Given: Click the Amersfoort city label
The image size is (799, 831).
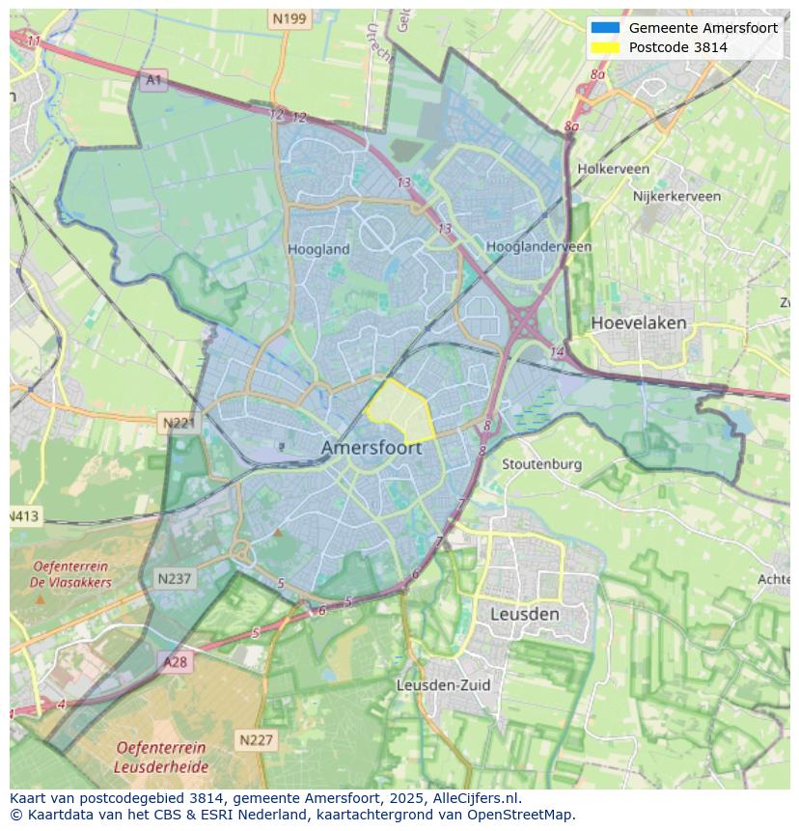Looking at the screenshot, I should click(371, 449).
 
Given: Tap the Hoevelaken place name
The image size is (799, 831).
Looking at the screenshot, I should click(638, 322).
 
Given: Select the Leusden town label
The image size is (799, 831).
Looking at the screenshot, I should click(524, 614).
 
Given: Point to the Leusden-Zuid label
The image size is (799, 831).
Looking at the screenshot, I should click(443, 685).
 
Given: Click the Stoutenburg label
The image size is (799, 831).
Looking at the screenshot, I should click(541, 464).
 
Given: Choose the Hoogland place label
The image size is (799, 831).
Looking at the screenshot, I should click(318, 249).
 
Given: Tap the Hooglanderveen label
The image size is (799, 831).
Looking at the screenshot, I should click(538, 247).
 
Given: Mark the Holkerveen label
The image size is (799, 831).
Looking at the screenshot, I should click(613, 169).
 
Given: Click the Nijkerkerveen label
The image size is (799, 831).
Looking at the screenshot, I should click(676, 196).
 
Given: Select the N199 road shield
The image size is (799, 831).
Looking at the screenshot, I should click(289, 18).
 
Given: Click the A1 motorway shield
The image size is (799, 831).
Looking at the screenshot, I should click(153, 80).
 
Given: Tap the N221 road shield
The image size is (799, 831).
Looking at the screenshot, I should click(179, 423).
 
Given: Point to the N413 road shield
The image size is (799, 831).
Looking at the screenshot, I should click(24, 516).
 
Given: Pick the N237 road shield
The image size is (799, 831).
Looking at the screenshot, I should click(175, 579).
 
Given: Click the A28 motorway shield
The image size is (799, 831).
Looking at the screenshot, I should click(175, 662).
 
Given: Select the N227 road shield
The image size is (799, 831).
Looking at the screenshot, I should click(256, 740).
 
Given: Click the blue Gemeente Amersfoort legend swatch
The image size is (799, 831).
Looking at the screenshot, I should click(605, 28).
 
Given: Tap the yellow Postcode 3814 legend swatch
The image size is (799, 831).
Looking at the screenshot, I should click(605, 47).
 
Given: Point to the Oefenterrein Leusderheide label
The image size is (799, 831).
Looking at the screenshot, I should click(160, 757).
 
